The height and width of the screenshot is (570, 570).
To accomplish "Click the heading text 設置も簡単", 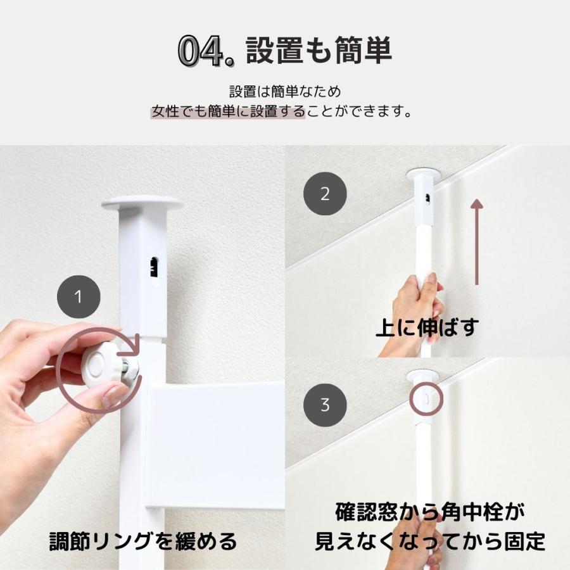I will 319,51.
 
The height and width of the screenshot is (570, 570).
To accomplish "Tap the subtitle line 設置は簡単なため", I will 284,92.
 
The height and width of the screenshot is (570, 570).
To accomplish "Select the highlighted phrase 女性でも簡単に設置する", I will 228,113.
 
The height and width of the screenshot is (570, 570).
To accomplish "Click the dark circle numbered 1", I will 78,296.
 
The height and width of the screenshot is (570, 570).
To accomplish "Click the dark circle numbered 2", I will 325,194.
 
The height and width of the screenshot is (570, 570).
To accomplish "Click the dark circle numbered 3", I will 325,405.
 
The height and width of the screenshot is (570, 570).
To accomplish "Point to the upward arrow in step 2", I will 477,241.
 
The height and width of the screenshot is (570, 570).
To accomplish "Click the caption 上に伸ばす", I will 427,328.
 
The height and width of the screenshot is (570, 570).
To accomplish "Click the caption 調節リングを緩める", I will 143,542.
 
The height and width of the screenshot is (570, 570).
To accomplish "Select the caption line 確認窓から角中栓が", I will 431,512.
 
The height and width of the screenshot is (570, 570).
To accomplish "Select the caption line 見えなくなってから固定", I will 431,542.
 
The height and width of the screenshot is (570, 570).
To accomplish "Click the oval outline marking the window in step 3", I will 426,398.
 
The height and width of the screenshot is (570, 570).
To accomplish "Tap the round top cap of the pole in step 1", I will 142,203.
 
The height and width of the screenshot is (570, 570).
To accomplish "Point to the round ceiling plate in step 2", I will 424,172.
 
